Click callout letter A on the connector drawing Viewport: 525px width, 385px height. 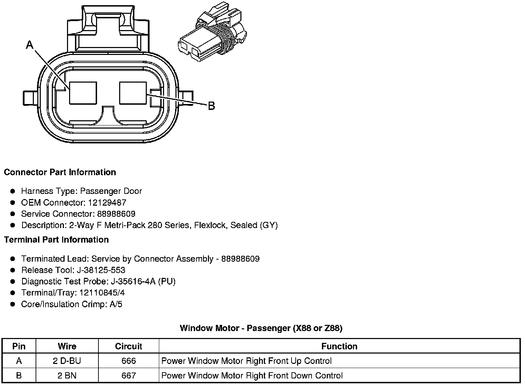(30, 45)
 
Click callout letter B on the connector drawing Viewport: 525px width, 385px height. (211, 106)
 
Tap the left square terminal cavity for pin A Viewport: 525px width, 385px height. (83, 93)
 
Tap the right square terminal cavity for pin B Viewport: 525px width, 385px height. (133, 93)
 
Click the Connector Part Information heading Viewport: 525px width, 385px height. (60, 172)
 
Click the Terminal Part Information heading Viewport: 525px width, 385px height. (56, 240)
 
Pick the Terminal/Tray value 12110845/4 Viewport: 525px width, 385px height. (102, 293)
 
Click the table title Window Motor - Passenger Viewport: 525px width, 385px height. (261, 328)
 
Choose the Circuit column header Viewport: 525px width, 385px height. (128, 346)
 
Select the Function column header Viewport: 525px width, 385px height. (339, 346)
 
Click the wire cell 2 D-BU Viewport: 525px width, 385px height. (67, 361)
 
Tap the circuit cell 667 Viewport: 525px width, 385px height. (128, 375)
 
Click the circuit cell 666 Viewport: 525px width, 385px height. (128, 361)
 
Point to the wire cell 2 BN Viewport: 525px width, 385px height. (67, 375)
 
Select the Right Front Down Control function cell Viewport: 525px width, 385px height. (252, 375)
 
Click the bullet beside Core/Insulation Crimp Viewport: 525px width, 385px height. (13, 304)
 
